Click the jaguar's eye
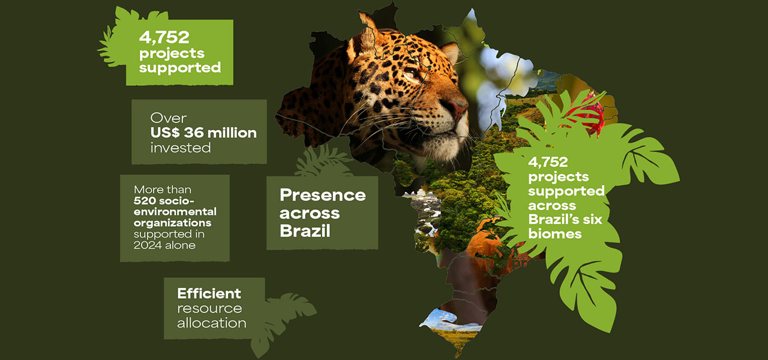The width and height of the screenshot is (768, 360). (410, 73)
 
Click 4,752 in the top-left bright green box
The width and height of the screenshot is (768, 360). (164, 37)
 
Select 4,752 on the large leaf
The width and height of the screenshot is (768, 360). (548, 162)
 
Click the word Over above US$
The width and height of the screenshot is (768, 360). (169, 118)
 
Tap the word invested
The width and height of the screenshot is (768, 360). (181, 148)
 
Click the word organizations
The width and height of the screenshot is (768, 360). (172, 224)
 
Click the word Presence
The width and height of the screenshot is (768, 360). (323, 195)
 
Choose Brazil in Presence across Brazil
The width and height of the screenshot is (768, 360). (305, 230)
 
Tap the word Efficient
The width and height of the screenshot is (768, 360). (209, 293)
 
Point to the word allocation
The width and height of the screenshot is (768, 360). (212, 323)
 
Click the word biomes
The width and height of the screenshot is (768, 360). (555, 234)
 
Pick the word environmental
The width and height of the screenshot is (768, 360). (175, 212)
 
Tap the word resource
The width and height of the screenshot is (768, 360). (209, 308)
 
